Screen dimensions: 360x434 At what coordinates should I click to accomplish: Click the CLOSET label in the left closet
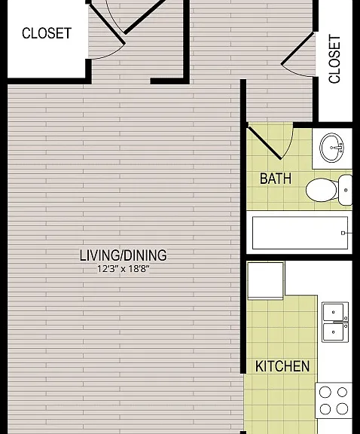(x=47, y=33)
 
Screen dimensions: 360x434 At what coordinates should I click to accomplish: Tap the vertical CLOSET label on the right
(x=334, y=59)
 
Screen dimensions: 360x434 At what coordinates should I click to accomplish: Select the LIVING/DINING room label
(x=123, y=255)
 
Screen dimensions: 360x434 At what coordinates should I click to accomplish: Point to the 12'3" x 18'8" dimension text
(x=123, y=269)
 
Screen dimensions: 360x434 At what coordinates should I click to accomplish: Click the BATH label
(x=276, y=179)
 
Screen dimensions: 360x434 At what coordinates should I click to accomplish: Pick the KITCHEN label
(x=282, y=366)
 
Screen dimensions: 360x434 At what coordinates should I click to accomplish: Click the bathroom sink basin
(x=332, y=148)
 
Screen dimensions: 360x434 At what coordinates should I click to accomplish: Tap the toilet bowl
(x=322, y=190)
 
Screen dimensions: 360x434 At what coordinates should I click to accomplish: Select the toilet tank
(x=346, y=190)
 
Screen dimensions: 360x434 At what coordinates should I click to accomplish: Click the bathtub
(x=300, y=233)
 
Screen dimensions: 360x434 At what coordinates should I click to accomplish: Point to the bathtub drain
(x=343, y=233)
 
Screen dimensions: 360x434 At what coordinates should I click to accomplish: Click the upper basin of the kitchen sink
(x=333, y=312)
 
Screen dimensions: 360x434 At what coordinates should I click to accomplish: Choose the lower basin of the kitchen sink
(x=333, y=332)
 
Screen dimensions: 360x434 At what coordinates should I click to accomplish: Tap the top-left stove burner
(x=325, y=392)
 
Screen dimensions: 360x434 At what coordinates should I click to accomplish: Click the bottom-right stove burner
(x=342, y=408)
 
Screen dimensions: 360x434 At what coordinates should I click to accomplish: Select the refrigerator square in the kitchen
(x=265, y=281)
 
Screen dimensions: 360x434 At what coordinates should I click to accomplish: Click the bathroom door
(x=264, y=143)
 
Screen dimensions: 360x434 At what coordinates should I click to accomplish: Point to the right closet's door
(x=297, y=48)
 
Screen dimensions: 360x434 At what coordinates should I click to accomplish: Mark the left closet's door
(x=107, y=23)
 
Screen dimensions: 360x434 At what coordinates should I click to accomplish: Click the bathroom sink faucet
(x=338, y=147)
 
